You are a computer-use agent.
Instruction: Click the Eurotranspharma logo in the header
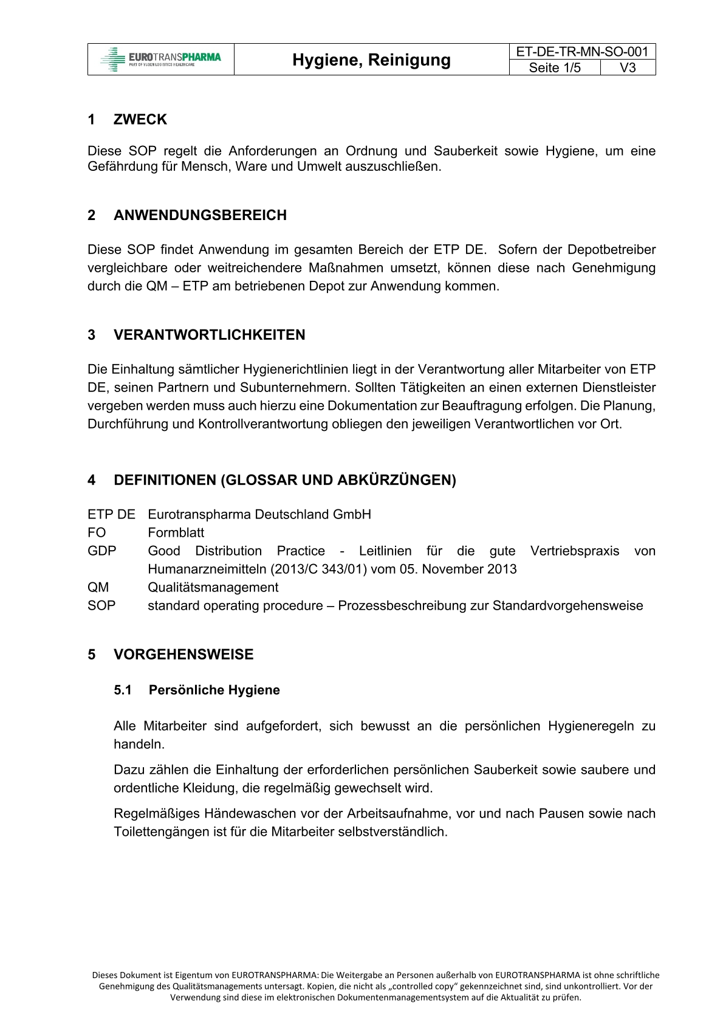161,60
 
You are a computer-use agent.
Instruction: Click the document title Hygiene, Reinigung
371,60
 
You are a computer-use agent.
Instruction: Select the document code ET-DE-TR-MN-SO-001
582,52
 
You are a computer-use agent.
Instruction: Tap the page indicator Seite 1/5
554,67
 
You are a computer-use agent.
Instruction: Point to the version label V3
628,67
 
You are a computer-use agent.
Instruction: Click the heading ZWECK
140,120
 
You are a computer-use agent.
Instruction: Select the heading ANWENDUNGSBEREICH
200,215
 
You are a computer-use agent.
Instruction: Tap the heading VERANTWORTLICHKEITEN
209,335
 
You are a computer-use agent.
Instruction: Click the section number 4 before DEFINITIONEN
92,480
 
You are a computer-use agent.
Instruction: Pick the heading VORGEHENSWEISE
183,655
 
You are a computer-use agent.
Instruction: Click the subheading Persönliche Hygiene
214,691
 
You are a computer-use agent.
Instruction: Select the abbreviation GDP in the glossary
101,551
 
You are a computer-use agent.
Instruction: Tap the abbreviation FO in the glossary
97,533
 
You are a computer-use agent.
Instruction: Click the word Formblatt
176,533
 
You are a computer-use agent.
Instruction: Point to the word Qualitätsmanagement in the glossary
213,588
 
